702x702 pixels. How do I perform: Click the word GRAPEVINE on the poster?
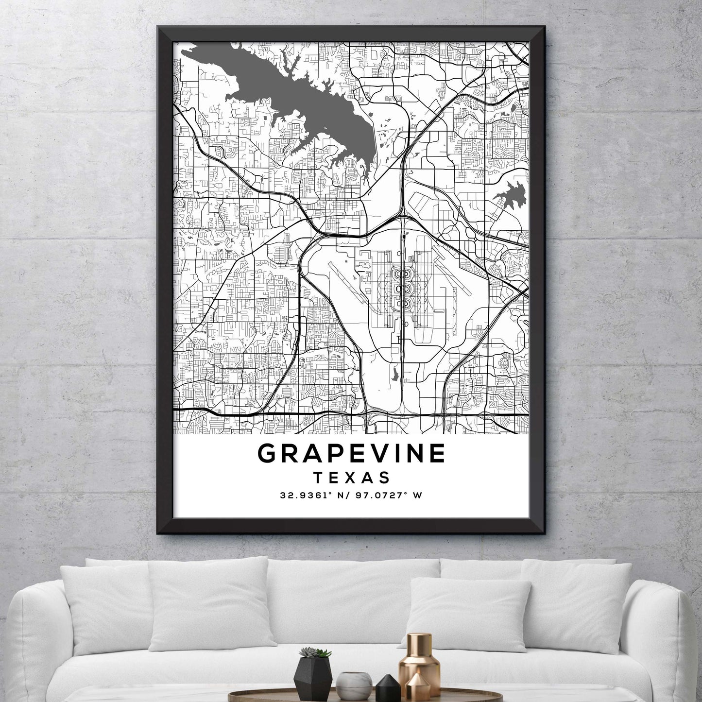click(x=351, y=453)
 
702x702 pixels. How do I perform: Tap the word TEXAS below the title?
click(x=351, y=478)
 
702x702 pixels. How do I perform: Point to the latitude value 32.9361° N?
click(x=313, y=496)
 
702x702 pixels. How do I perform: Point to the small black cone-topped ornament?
click(x=382, y=683)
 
